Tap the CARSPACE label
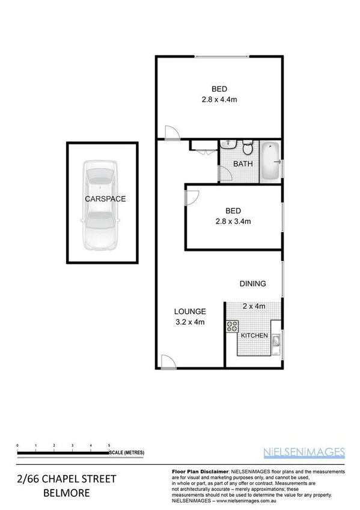pos(105,198)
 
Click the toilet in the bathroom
pos(246,149)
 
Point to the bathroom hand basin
pos(228,144)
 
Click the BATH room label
pos(242,164)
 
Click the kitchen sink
pos(275,342)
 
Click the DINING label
pos(252,284)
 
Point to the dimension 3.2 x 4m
pos(190,321)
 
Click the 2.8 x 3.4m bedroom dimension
pos(233,221)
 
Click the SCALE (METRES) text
pos(126,452)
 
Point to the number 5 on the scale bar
pos(109,444)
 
